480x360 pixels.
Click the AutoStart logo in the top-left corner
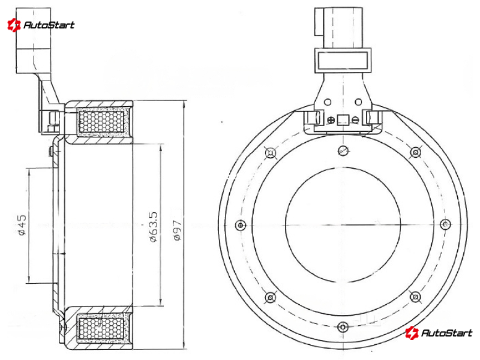point(41,25)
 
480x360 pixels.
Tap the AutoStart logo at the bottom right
point(439,333)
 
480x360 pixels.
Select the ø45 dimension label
point(22,225)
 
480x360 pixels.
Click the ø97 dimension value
point(178,230)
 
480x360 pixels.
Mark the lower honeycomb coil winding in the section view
point(101,329)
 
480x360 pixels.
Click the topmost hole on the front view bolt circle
point(343,150)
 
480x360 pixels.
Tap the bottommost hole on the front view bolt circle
point(343,327)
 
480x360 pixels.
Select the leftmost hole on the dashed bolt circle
point(241,226)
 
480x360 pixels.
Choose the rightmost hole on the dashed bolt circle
point(445,224)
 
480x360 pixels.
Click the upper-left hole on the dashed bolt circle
point(271,152)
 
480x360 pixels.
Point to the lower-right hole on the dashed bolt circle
point(415,296)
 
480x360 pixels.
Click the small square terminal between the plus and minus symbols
point(343,120)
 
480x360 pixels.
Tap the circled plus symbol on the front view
point(331,120)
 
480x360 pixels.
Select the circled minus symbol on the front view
point(355,120)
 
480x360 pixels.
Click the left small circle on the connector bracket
point(328,102)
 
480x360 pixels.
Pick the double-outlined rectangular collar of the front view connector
point(343,61)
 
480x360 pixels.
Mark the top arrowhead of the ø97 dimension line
point(184,104)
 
